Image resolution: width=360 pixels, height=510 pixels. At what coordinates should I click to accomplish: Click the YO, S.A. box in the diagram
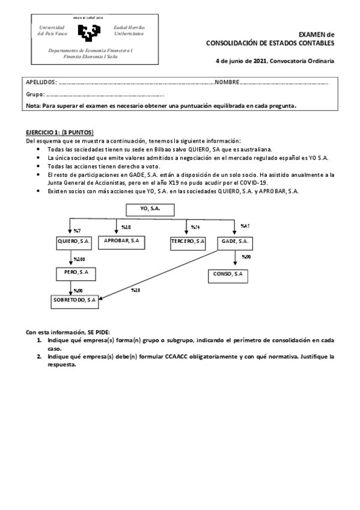(x=150, y=210)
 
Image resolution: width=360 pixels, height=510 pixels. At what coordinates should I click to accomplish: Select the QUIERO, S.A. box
(x=73, y=241)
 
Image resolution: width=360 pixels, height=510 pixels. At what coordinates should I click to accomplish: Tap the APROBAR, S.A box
(x=122, y=241)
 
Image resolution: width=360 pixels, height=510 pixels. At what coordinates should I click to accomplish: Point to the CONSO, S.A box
(x=228, y=274)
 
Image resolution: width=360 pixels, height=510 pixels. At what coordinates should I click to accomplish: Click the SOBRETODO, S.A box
(x=75, y=300)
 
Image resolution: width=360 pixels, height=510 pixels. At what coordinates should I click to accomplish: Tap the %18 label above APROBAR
(x=126, y=227)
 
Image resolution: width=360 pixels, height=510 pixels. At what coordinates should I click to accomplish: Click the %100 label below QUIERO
(x=79, y=259)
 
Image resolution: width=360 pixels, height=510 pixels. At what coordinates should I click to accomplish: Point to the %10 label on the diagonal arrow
(x=135, y=290)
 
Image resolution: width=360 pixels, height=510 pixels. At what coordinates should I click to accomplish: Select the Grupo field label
(x=35, y=94)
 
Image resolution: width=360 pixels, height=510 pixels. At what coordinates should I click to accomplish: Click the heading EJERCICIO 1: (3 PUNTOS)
(x=60, y=132)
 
